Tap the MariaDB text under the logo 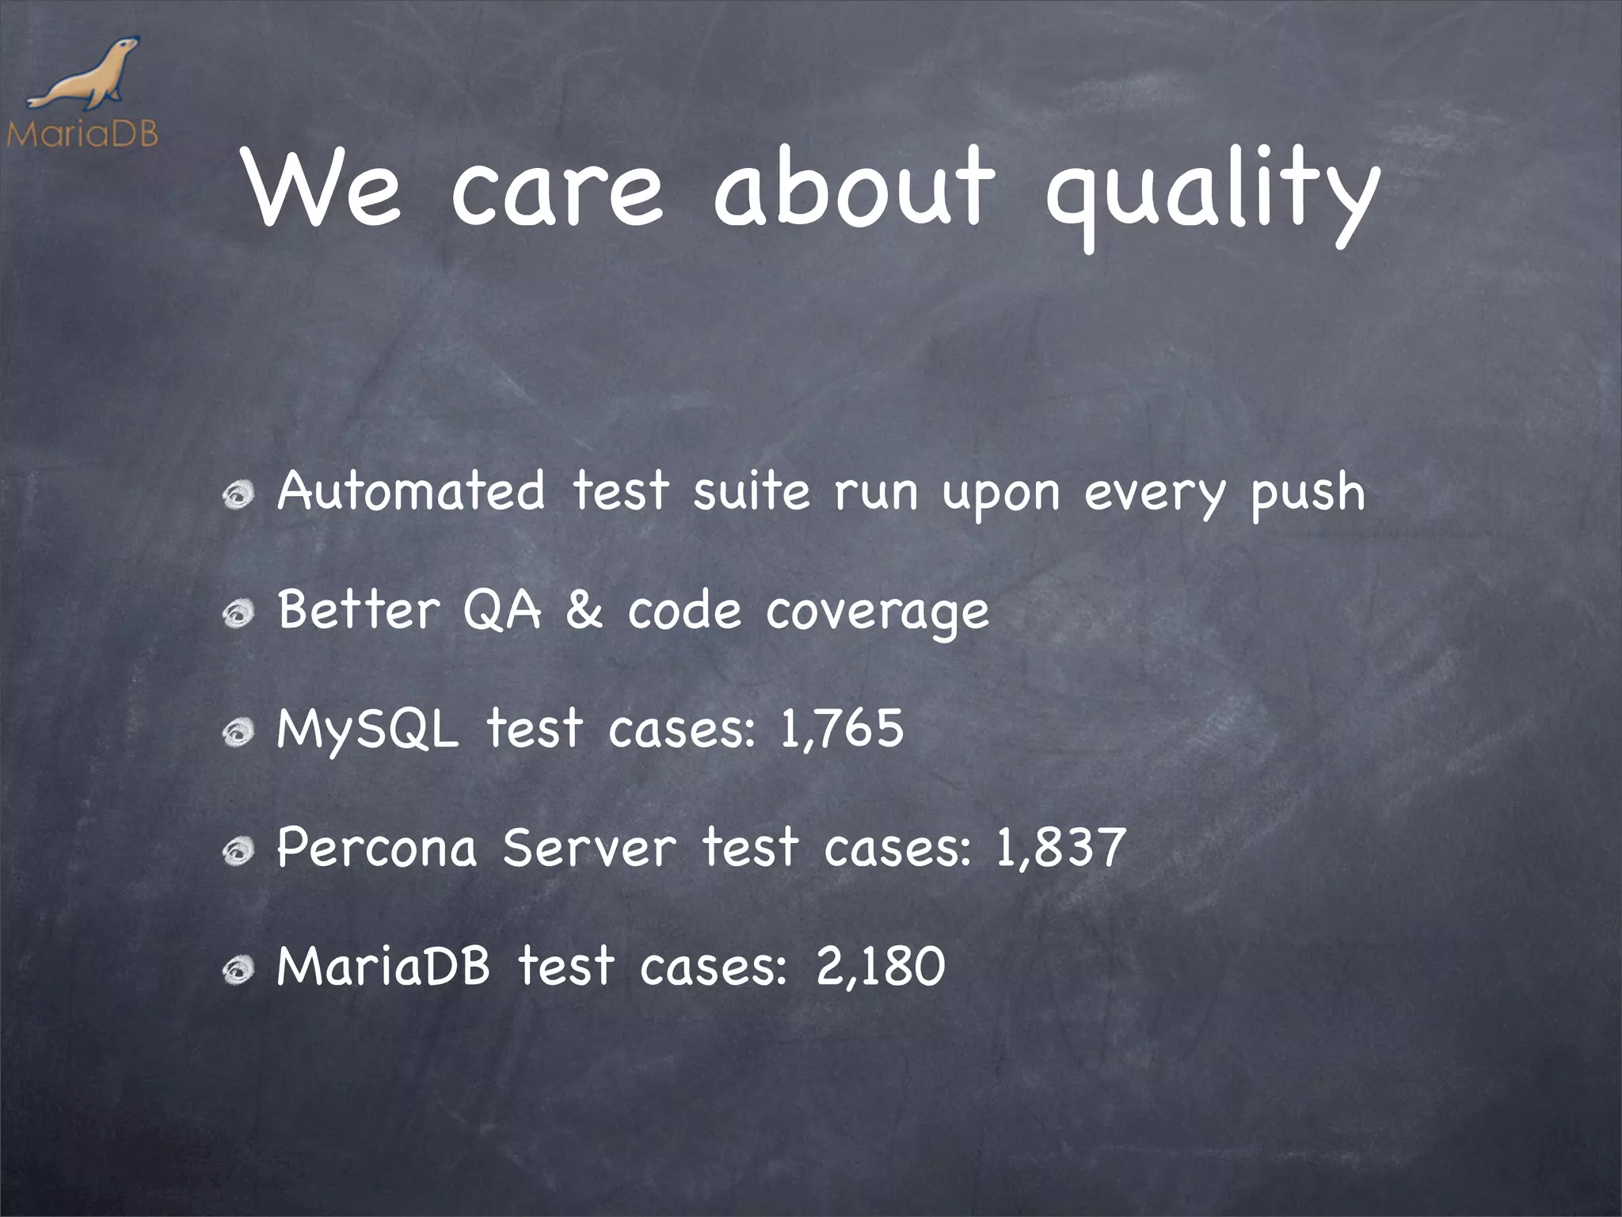82,133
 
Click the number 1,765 841,728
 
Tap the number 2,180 880,966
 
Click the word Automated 411,490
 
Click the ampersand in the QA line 584,610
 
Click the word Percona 377,847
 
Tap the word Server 590,847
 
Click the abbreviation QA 501,610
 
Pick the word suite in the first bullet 751,490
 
